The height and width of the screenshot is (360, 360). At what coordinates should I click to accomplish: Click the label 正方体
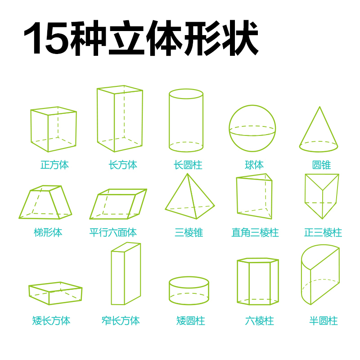point(54,165)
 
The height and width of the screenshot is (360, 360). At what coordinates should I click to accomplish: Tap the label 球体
point(254,165)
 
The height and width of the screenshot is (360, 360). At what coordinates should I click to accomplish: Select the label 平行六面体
point(113,232)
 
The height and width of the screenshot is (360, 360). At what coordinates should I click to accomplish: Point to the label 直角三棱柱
point(255,232)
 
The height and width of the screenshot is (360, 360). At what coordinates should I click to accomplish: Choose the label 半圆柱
point(324,320)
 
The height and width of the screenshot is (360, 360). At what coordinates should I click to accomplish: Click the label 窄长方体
point(121,320)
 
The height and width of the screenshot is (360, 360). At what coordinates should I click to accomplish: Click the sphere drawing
point(252,105)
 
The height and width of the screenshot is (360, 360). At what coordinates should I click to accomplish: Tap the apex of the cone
point(319,107)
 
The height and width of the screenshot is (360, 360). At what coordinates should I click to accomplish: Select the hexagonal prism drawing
point(237,282)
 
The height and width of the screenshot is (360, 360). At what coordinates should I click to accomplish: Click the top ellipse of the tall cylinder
point(186,89)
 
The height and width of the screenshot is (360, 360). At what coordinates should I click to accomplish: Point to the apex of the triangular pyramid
point(188,174)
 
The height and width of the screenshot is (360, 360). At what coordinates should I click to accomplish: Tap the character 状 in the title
point(240,38)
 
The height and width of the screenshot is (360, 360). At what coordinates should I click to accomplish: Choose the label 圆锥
point(321,165)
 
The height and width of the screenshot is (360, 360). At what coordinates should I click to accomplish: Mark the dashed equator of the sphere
point(252,126)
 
